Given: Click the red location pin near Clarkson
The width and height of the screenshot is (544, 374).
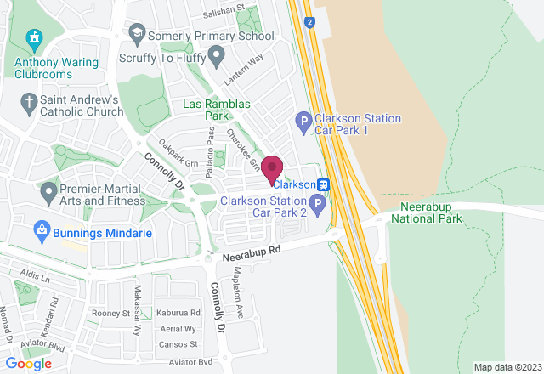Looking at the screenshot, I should (272, 167).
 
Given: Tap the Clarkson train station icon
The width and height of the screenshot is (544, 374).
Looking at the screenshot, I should (324, 184).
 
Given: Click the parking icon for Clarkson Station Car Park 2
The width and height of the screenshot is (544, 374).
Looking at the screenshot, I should (317, 204).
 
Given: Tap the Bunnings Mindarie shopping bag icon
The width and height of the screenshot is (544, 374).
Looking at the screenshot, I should (40, 229).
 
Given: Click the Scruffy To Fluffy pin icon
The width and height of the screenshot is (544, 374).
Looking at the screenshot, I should (216, 58).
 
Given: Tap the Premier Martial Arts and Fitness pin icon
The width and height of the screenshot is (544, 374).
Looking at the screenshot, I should (47, 190).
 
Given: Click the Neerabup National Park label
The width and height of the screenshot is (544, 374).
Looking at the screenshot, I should (426, 212).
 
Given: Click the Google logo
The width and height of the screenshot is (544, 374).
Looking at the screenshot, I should (28, 363).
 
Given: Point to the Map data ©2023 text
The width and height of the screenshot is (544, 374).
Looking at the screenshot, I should (506, 367).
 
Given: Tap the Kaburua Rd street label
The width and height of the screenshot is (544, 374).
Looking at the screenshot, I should (178, 314).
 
